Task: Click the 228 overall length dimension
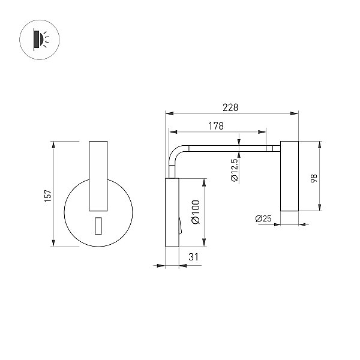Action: pyautogui.click(x=230, y=107)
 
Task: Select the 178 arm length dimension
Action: pyautogui.click(x=216, y=126)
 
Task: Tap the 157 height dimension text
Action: pyautogui.click(x=49, y=196)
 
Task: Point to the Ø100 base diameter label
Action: pyautogui.click(x=196, y=212)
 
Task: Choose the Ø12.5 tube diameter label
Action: pyautogui.click(x=235, y=170)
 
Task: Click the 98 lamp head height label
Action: pyautogui.click(x=314, y=178)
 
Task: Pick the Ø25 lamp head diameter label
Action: pyautogui.click(x=263, y=218)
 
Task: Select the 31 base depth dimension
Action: pyautogui.click(x=193, y=257)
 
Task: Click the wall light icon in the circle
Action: pyautogui.click(x=40, y=40)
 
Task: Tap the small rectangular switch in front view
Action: pyautogui.click(x=98, y=226)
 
